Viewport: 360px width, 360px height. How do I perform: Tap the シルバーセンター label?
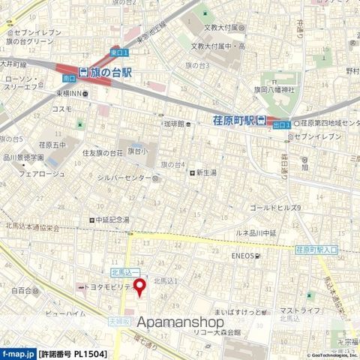click(130, 178)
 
